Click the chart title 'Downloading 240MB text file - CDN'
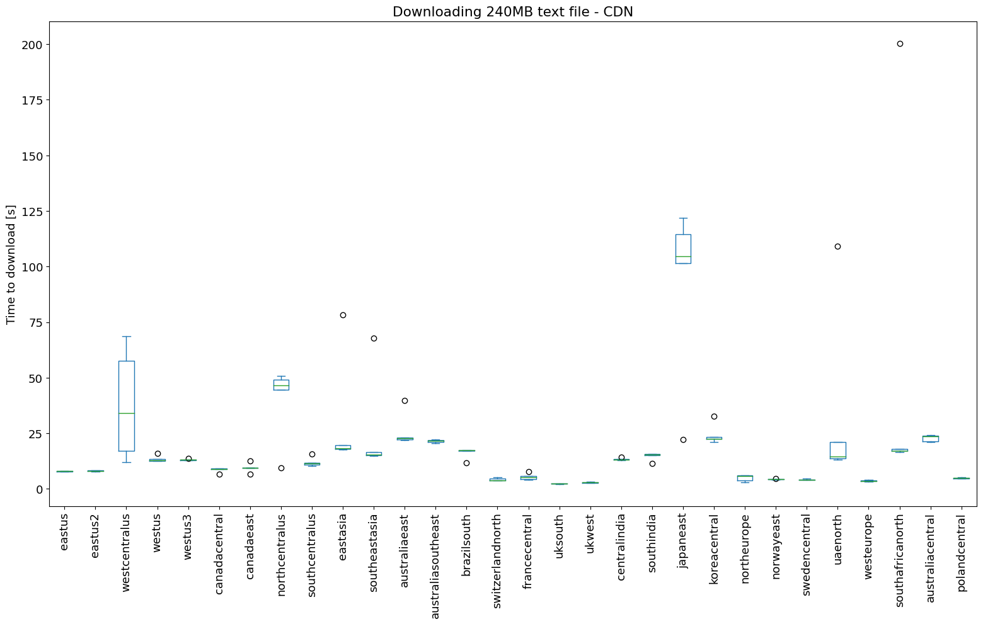click(x=512, y=11)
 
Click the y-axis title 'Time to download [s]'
click(x=11, y=264)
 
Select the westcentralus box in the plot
click(x=127, y=406)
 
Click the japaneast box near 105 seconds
click(x=683, y=249)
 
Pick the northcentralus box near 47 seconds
click(x=281, y=385)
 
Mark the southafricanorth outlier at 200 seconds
click(x=900, y=43)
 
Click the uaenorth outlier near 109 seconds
click(x=837, y=246)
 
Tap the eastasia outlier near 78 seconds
click(x=343, y=315)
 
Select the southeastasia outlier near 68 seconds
click(x=374, y=338)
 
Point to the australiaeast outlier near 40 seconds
click(x=405, y=400)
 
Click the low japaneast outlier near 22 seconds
click(x=683, y=440)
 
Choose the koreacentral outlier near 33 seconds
click(x=714, y=416)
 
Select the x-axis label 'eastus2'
click(x=96, y=535)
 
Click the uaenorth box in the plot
click(x=837, y=450)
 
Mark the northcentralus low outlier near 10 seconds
click(x=281, y=468)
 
